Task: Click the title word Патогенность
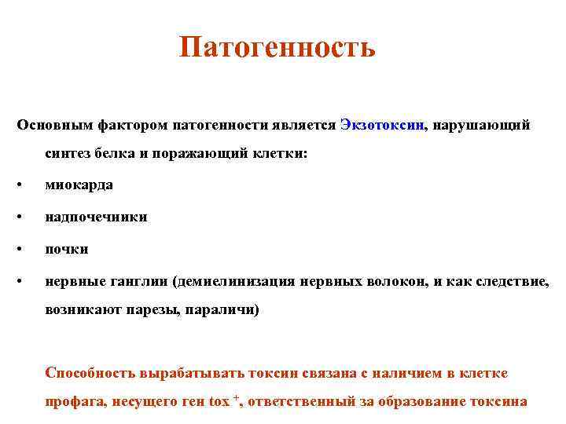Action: tap(277, 48)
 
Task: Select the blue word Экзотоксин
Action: tap(383, 125)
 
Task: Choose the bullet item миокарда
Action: tap(79, 185)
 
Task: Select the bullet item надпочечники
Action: tap(96, 217)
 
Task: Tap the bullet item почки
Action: tap(67, 249)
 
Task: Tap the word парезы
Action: tap(149, 310)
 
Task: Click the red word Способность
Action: tap(92, 371)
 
